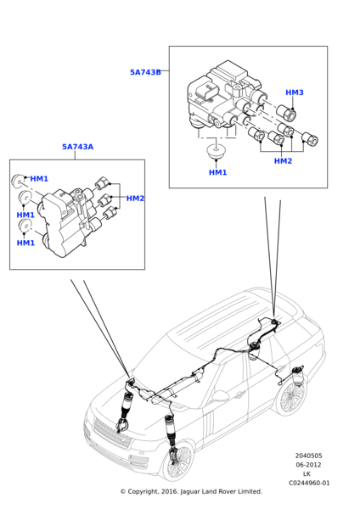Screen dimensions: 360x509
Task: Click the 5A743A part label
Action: click(x=77, y=147)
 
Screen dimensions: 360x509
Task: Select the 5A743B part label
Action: click(x=145, y=72)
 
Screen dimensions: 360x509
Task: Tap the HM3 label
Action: click(x=295, y=92)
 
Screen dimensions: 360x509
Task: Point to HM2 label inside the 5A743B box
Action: click(x=283, y=161)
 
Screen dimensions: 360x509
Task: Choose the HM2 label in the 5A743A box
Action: click(x=135, y=199)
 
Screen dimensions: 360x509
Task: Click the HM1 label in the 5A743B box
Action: click(x=217, y=172)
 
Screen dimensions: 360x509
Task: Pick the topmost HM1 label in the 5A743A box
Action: click(x=39, y=178)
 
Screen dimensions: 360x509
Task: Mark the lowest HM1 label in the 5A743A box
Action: click(x=25, y=243)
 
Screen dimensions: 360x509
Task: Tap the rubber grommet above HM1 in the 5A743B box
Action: click(x=216, y=151)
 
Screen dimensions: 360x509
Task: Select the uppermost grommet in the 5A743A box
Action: click(x=18, y=182)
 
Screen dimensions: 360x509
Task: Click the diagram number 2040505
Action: click(x=309, y=456)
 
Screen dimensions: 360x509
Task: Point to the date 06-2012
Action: click(x=308, y=465)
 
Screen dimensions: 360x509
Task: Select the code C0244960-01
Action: click(x=309, y=483)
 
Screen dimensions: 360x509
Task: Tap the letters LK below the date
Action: click(x=307, y=474)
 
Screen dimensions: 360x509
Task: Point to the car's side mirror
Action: click(x=220, y=395)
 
